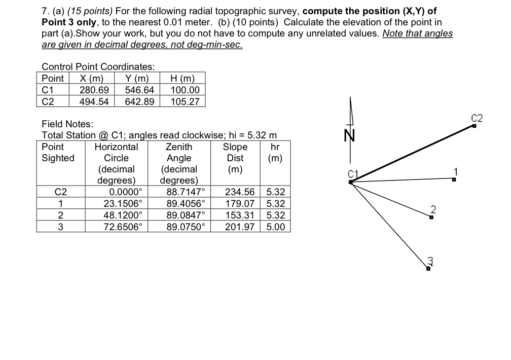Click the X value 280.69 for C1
click(94, 90)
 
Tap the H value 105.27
click(185, 101)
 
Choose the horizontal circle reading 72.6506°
click(123, 226)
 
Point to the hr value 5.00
click(275, 226)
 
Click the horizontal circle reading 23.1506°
click(123, 203)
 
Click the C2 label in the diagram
click(477, 119)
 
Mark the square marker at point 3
click(428, 269)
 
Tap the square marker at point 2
click(431, 217)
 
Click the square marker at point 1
click(454, 178)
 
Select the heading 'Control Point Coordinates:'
click(98, 67)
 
